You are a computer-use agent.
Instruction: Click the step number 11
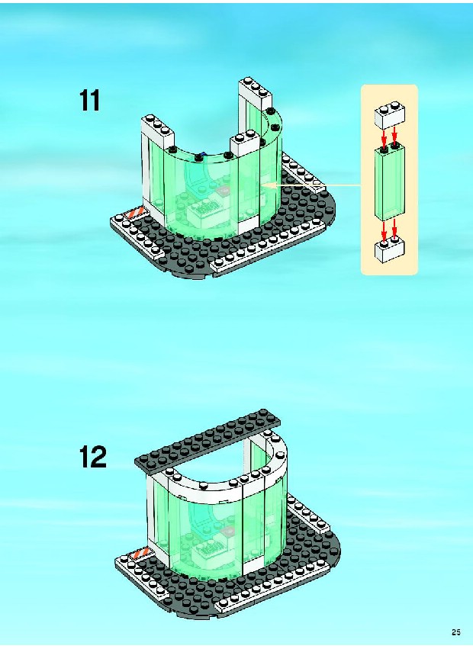click(x=89, y=101)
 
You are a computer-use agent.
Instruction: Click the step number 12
click(x=93, y=457)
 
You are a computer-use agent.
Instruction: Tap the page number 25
click(x=456, y=632)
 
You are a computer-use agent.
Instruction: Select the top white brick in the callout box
click(x=390, y=117)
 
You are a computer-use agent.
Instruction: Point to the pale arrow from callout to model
click(x=311, y=186)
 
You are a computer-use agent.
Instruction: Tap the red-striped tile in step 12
click(x=140, y=554)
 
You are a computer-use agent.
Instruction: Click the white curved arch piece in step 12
click(x=232, y=472)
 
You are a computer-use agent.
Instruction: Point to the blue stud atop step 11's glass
click(x=202, y=156)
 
